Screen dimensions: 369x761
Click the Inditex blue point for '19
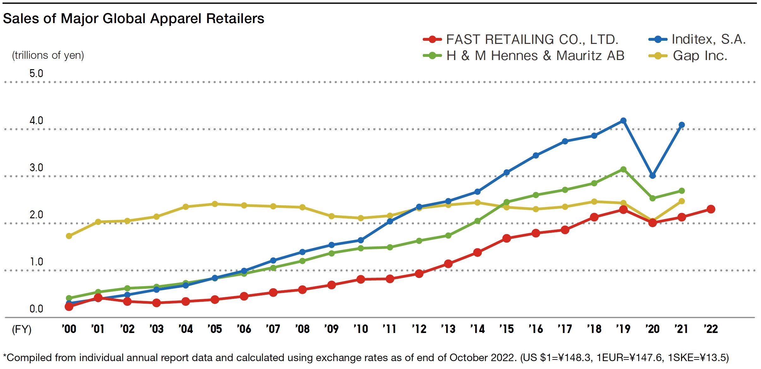[x=623, y=121]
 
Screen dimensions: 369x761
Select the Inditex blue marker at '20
[x=652, y=176]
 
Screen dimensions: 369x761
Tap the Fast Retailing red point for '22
[x=711, y=209]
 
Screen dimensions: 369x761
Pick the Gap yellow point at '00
[x=69, y=236]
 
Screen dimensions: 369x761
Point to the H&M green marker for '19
[x=623, y=170]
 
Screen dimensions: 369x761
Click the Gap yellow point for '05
[x=215, y=204]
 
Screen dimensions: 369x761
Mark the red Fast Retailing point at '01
[x=98, y=298]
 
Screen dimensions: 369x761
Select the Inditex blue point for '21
[x=681, y=125]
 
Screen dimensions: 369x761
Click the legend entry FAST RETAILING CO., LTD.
[x=532, y=39]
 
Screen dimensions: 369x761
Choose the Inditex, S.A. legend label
[x=708, y=39]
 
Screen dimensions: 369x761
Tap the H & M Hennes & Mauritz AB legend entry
[x=535, y=56]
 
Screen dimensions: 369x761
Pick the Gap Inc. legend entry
[x=700, y=56]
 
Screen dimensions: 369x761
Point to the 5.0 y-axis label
[x=36, y=74]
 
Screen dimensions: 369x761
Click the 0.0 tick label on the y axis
[x=36, y=309]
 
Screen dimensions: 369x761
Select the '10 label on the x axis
[x=361, y=329]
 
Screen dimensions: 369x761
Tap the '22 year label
[x=711, y=329]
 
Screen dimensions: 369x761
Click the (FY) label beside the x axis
[x=21, y=329]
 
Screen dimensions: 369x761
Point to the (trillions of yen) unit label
[x=48, y=55]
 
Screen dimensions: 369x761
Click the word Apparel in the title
[x=176, y=19]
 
